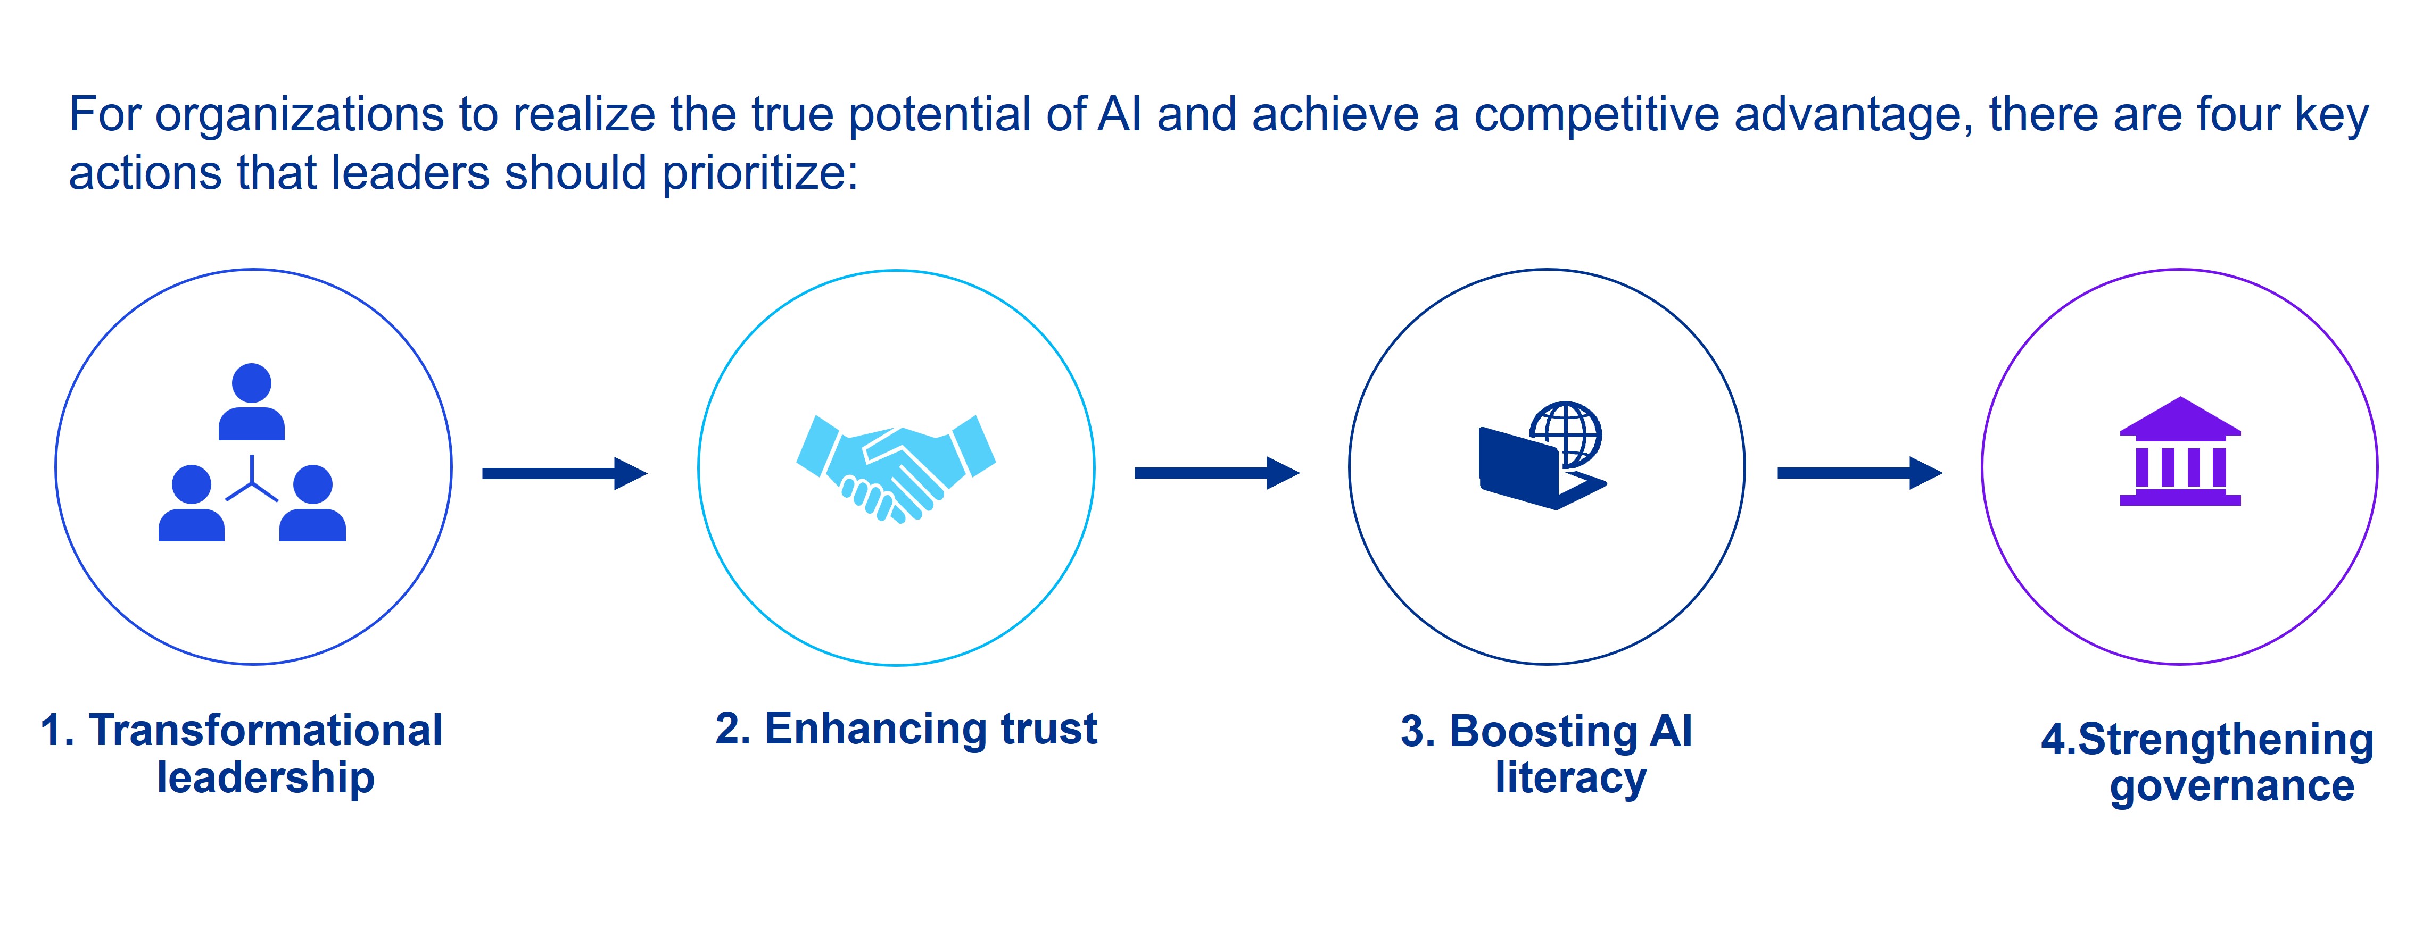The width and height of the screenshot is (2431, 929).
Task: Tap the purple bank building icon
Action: (x=2180, y=453)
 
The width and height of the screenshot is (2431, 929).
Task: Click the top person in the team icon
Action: (x=251, y=401)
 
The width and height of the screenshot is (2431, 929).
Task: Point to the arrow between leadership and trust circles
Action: (x=564, y=473)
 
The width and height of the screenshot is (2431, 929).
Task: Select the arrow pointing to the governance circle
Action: (x=1858, y=473)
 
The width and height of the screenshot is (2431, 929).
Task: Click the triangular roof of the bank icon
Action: (x=2180, y=415)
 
